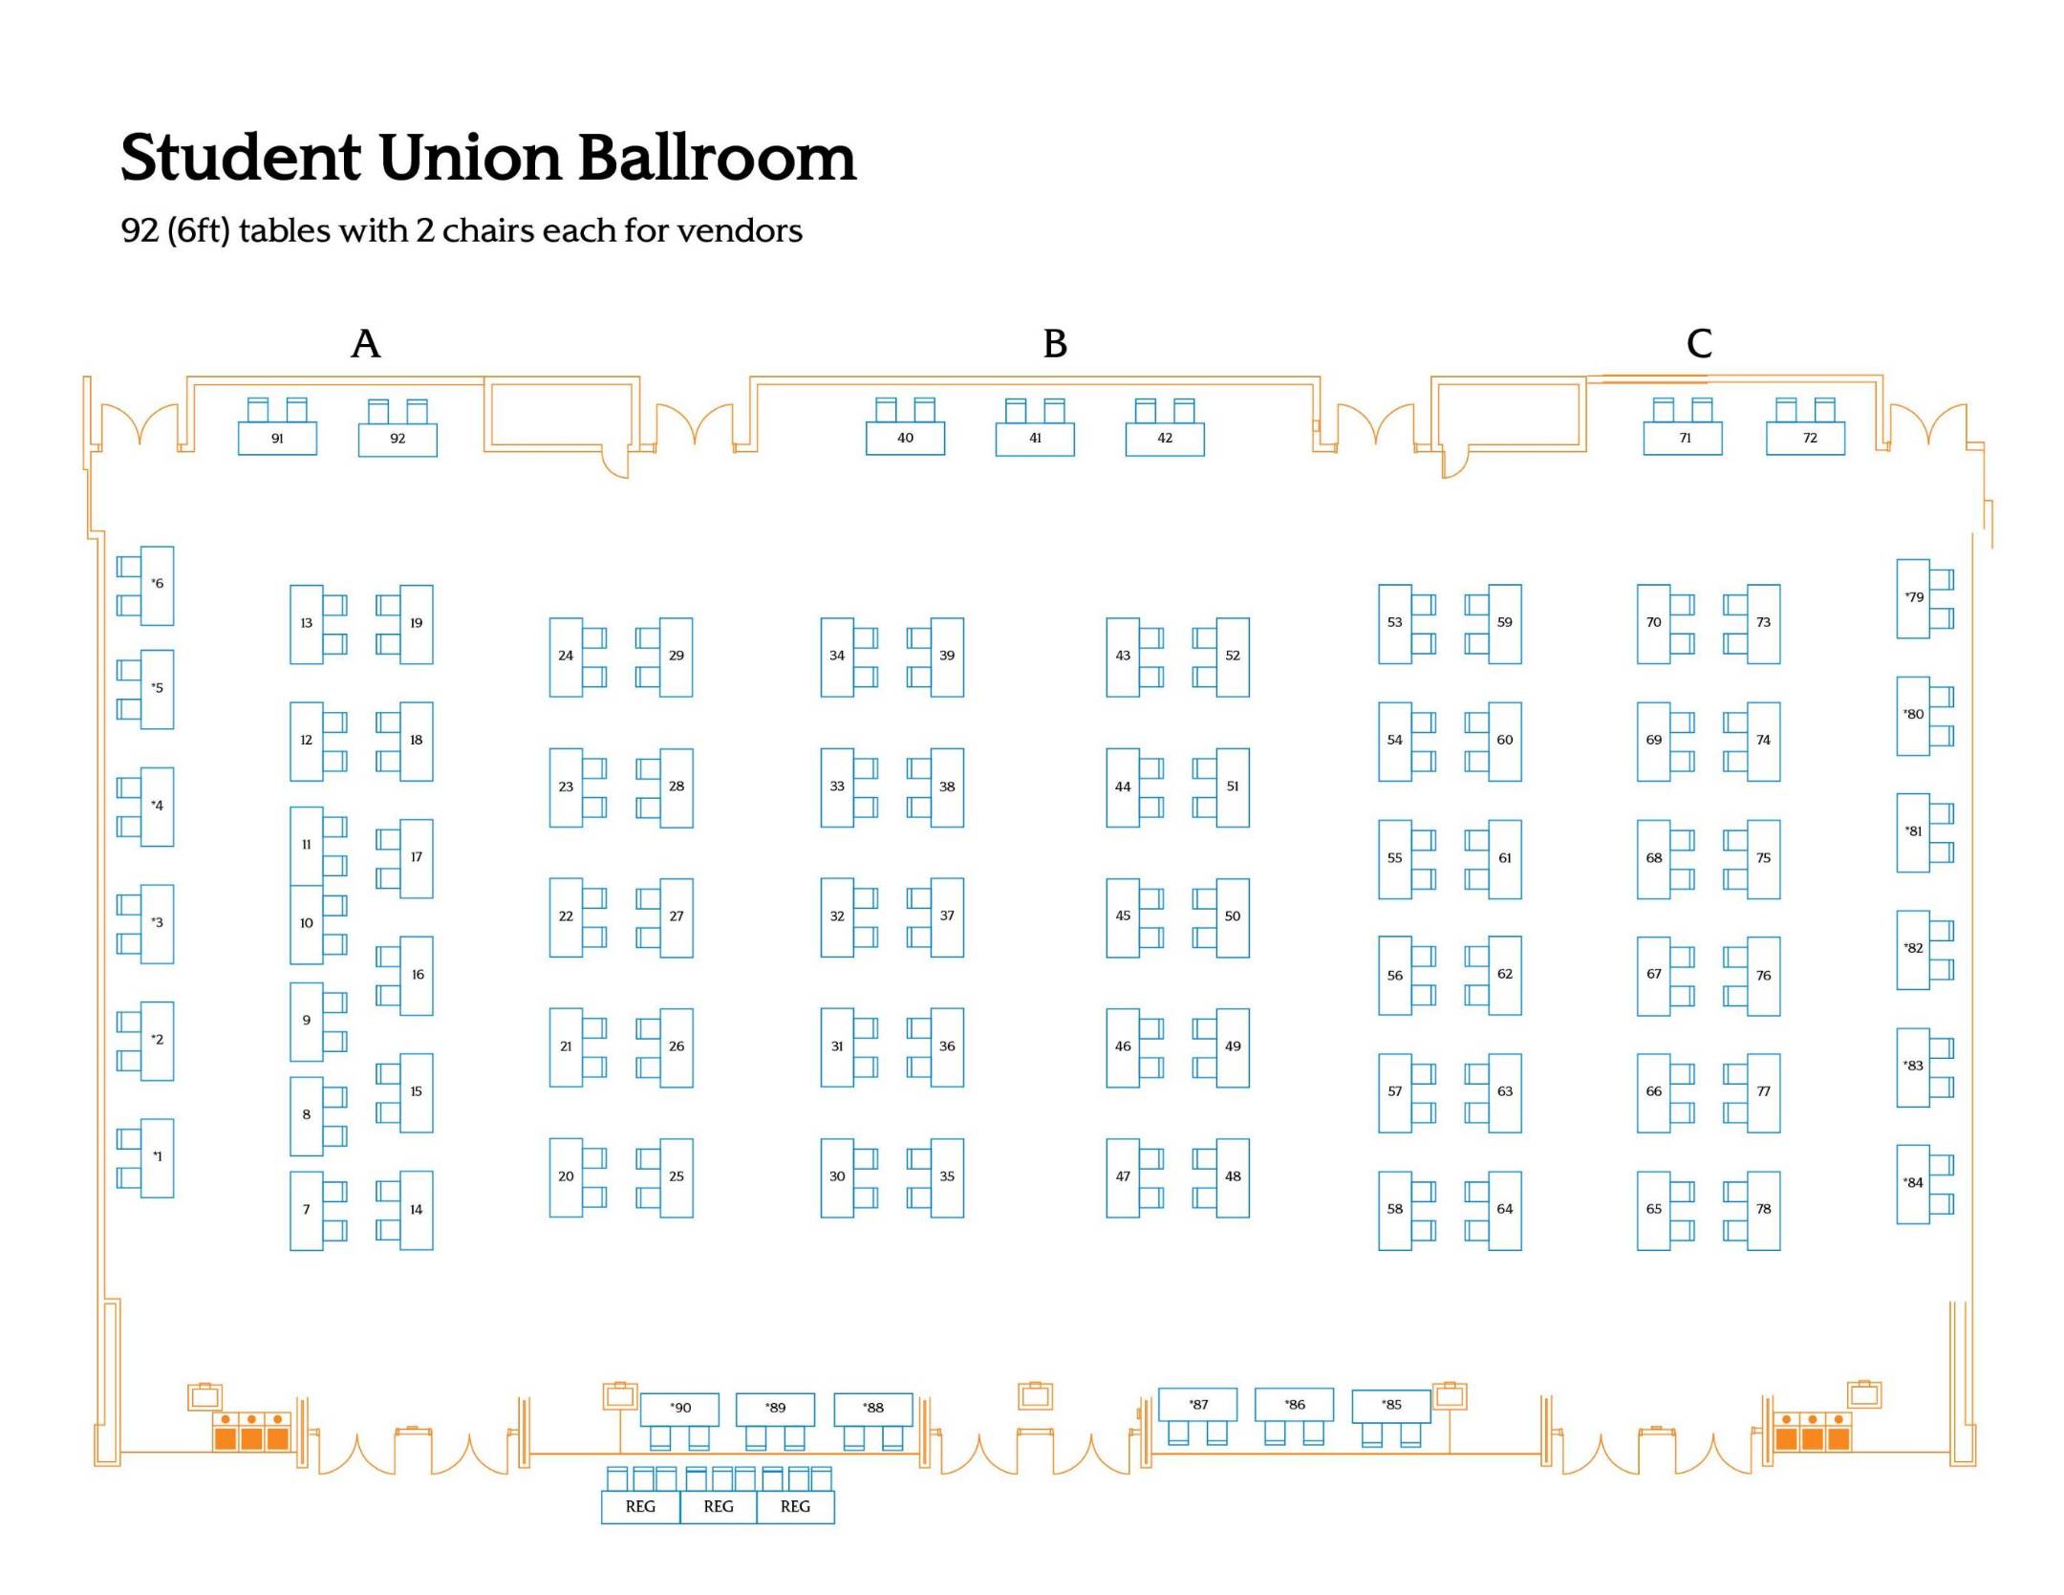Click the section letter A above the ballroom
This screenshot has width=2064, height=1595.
(365, 343)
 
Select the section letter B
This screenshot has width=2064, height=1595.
(1054, 343)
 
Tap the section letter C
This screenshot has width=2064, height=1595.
(1698, 343)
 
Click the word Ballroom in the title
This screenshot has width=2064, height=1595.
(717, 158)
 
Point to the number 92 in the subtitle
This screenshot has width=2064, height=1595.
(139, 231)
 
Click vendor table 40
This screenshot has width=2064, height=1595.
(905, 438)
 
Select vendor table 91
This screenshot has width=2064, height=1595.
(277, 439)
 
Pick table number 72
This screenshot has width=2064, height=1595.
(1805, 438)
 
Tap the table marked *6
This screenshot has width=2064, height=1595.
(158, 585)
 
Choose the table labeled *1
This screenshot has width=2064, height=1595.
(158, 1157)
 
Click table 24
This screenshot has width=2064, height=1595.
(566, 657)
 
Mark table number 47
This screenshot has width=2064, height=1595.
(1123, 1177)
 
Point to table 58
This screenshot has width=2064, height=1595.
(1394, 1210)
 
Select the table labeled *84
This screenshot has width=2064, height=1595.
(1912, 1183)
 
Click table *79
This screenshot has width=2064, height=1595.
(1912, 598)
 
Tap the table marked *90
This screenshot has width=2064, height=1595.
(679, 1408)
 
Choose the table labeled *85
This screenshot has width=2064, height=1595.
(1390, 1405)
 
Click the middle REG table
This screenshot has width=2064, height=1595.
(718, 1507)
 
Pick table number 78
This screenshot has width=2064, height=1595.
(1763, 1210)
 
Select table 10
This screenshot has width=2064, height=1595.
(306, 924)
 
